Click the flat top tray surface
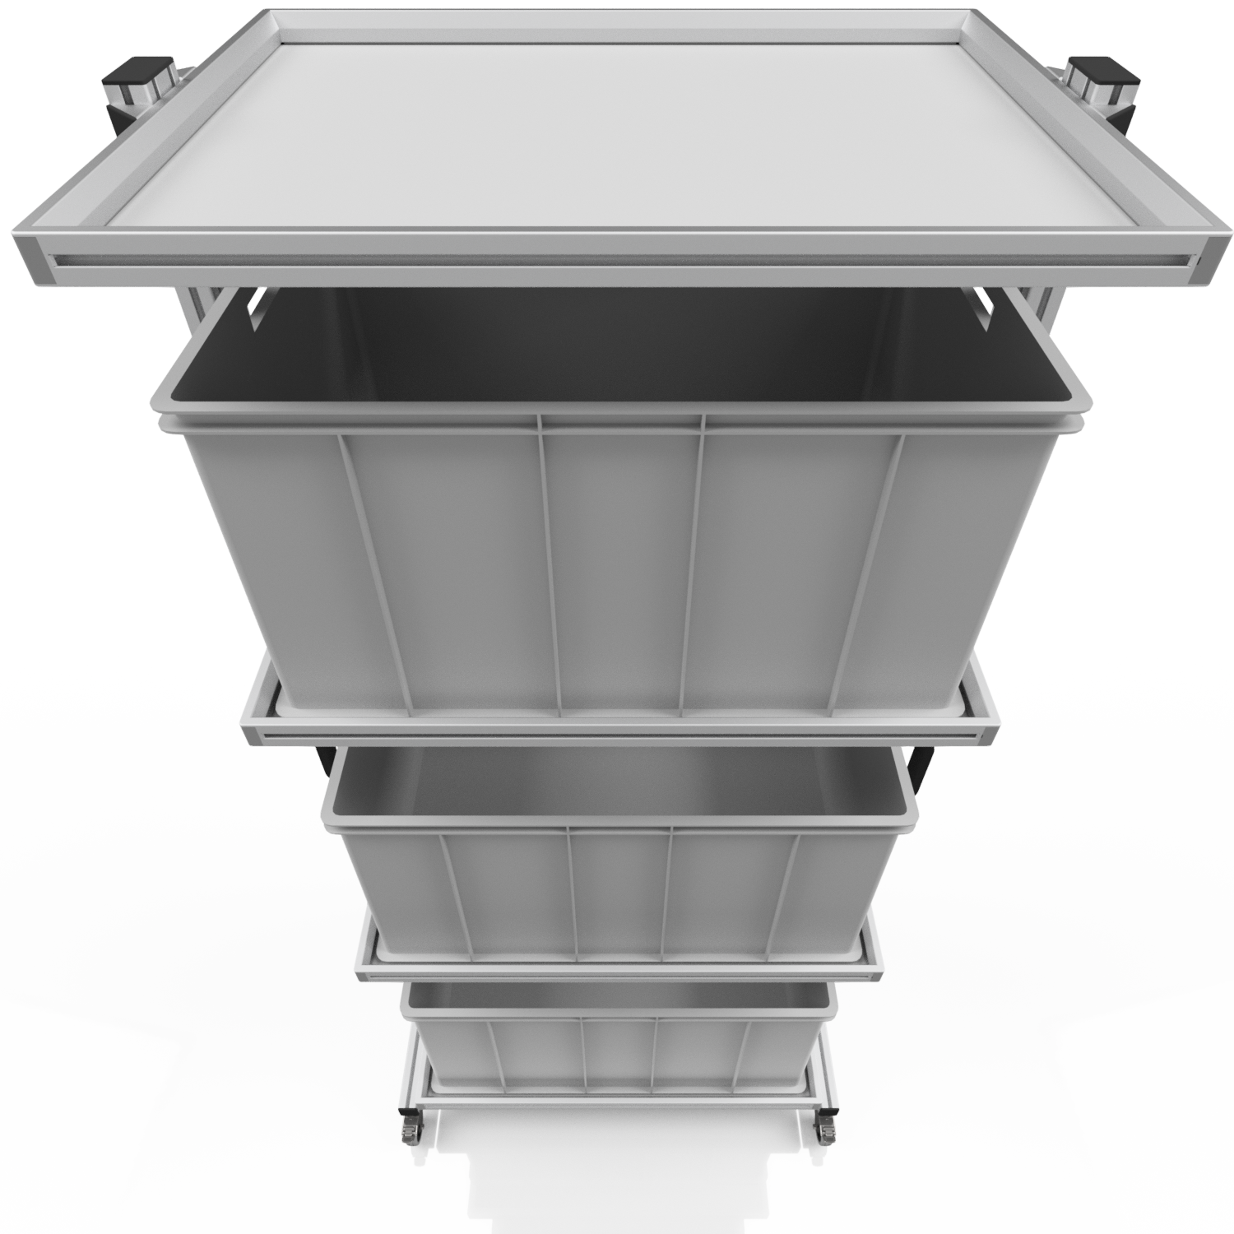617,123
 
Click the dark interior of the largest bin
617,354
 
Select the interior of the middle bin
617,782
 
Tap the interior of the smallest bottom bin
617,994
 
